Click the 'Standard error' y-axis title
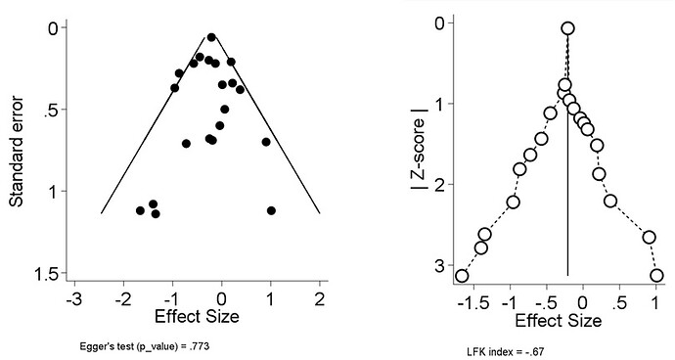(17, 144)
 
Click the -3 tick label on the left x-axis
(73, 299)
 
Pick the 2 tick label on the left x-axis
(320, 299)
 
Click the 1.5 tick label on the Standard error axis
(43, 273)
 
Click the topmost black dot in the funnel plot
(211, 37)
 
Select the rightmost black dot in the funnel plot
(271, 210)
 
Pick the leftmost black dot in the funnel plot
(140, 210)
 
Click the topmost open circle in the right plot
(567, 28)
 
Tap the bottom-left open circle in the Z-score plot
(462, 276)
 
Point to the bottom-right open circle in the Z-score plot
(656, 276)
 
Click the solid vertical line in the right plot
(567, 196)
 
